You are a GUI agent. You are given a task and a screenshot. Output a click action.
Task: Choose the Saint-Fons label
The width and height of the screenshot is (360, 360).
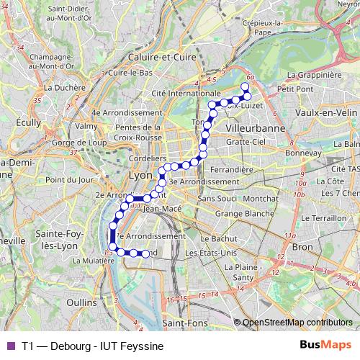(x=183, y=323)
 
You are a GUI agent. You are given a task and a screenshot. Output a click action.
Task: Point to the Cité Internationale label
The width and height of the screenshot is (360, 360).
(x=186, y=94)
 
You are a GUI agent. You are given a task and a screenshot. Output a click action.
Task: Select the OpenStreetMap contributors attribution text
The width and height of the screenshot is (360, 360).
(x=297, y=323)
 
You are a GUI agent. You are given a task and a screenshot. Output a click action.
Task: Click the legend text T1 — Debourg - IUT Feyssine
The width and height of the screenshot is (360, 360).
(x=92, y=346)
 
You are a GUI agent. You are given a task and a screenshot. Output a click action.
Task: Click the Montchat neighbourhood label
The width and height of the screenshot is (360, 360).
(x=261, y=198)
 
